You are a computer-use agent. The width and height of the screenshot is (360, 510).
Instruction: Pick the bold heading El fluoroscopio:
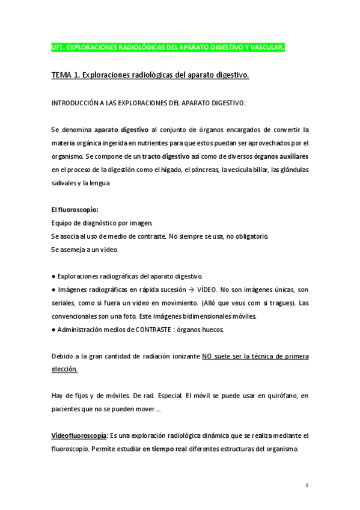pyautogui.click(x=75, y=209)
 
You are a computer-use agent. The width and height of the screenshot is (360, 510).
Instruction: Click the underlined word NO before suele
pyautogui.click(x=208, y=356)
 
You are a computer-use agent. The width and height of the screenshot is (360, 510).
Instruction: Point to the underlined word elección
pyautogui.click(x=64, y=369)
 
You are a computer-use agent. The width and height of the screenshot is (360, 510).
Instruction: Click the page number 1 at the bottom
pyautogui.click(x=307, y=485)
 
